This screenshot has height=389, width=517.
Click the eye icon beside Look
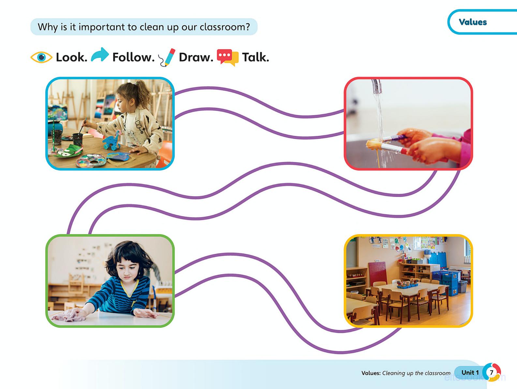tap(41, 57)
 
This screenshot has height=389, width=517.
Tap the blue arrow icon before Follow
tap(100, 55)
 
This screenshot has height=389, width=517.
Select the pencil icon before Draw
tap(167, 57)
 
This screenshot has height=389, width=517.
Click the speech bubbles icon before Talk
tap(228, 57)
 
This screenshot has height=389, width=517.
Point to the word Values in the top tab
tap(473, 22)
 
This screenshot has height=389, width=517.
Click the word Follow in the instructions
tap(134, 57)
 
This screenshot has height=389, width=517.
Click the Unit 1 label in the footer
tap(470, 372)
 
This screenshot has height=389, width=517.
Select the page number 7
tap(491, 372)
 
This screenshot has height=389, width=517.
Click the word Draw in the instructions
tap(196, 57)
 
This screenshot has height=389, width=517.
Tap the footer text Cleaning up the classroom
tap(416, 373)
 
